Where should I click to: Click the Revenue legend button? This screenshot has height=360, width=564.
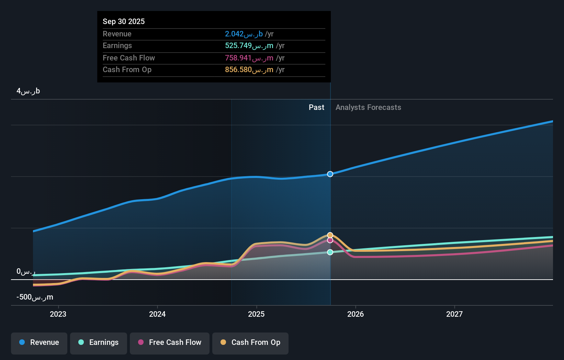[x=39, y=343]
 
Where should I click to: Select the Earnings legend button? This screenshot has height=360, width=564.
[x=99, y=343]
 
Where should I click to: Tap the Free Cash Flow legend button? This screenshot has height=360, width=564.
[x=170, y=343]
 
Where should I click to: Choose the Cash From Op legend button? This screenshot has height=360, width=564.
[x=250, y=343]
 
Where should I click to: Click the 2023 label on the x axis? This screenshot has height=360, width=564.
[x=58, y=314]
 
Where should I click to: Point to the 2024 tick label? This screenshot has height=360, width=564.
[x=157, y=314]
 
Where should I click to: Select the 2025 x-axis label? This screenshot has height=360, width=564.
[x=256, y=314]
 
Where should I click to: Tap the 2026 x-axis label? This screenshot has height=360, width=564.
[x=356, y=314]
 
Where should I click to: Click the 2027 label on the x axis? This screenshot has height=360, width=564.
[x=454, y=314]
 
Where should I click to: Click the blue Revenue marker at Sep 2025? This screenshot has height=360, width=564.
[x=330, y=174]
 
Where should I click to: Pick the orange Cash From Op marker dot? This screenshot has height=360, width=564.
[x=330, y=235]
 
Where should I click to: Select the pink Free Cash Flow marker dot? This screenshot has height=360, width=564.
[x=330, y=240]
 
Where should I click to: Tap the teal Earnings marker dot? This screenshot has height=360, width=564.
[x=330, y=252]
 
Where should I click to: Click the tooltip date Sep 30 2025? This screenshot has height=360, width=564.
[x=124, y=21]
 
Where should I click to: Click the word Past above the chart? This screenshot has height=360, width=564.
[x=316, y=108]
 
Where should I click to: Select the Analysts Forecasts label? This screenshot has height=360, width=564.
[x=368, y=108]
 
